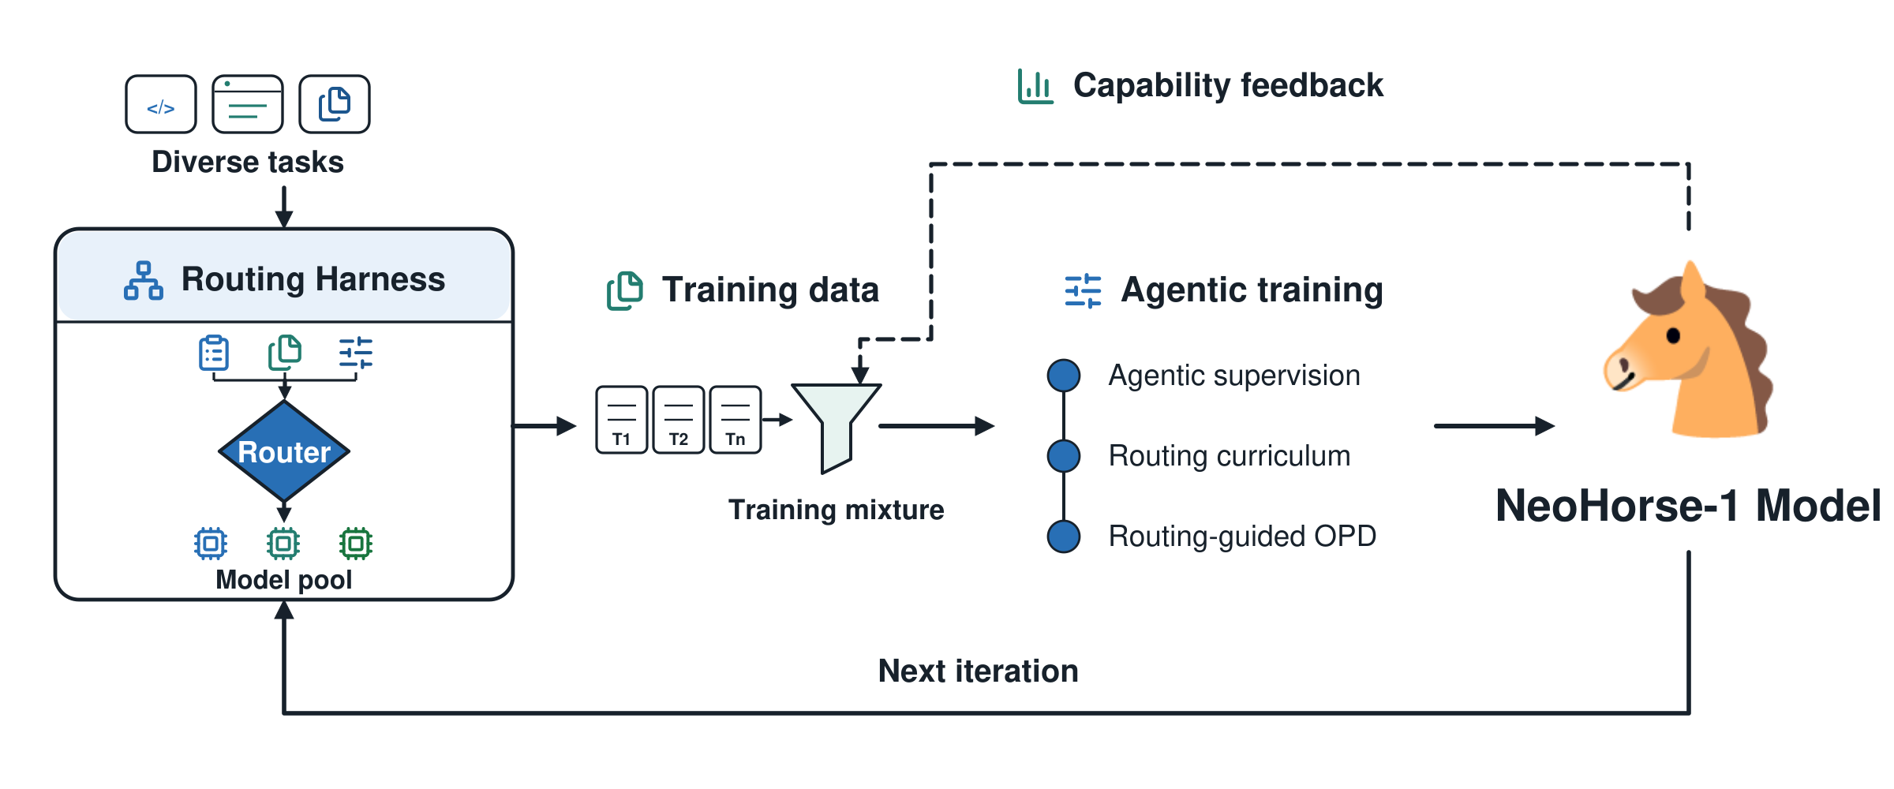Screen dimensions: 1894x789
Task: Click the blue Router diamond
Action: point(284,451)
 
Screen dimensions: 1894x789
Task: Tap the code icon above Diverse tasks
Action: point(161,104)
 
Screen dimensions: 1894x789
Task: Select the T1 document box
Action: point(622,420)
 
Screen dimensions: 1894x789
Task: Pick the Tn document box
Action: point(736,420)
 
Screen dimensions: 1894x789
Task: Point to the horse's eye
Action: point(1673,335)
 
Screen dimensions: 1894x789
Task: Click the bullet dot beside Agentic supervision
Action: point(1064,376)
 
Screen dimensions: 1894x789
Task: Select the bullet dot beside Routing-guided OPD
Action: point(1064,537)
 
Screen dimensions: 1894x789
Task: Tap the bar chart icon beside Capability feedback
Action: point(1035,86)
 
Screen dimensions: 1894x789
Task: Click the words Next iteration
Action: point(979,671)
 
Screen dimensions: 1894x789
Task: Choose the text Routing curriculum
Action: point(1230,456)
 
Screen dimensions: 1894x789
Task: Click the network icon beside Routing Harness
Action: point(144,281)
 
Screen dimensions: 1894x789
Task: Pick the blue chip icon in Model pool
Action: point(211,543)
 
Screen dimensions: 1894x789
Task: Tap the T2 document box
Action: point(679,420)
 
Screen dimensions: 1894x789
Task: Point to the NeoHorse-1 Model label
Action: point(1688,506)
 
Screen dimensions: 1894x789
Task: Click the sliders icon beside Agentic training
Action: point(1083,291)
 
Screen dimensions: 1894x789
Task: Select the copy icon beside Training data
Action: point(625,291)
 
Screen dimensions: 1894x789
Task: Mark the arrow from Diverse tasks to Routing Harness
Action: point(284,208)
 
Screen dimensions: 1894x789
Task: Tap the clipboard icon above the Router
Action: point(214,353)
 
